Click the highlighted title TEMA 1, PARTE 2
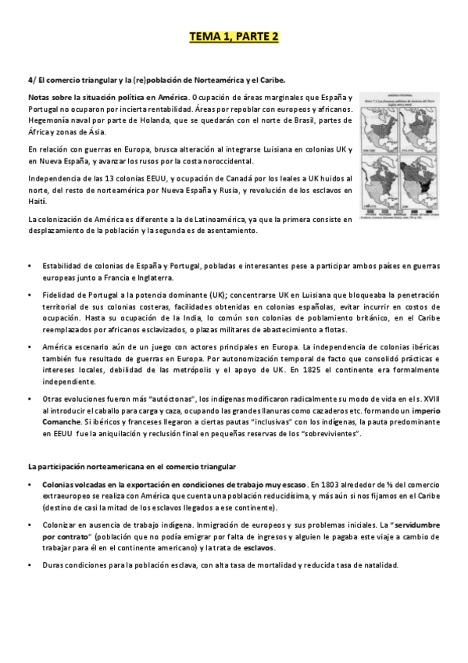pos(234,36)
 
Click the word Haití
pos(36,201)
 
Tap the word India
pos(176,318)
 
